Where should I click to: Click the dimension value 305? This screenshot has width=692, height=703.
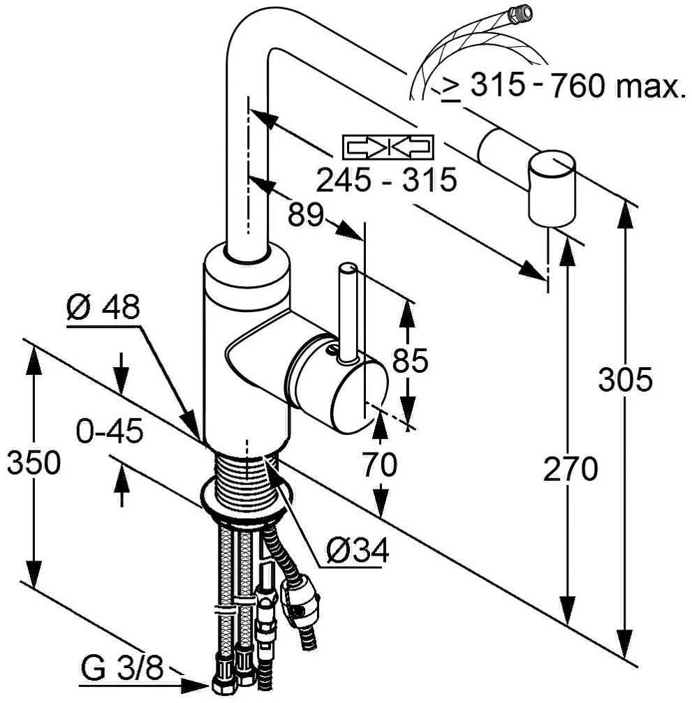(x=625, y=380)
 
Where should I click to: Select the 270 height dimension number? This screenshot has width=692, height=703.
(x=570, y=468)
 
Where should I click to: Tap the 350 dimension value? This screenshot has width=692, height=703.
(x=34, y=463)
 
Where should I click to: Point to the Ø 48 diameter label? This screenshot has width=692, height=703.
(x=103, y=307)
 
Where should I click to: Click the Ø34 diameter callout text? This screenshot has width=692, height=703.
(x=358, y=551)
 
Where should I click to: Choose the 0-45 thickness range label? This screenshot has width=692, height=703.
(x=110, y=431)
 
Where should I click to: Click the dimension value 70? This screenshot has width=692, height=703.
(x=379, y=464)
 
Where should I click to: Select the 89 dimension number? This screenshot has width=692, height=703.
(x=305, y=214)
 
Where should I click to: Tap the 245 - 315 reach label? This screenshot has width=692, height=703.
(x=387, y=180)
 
